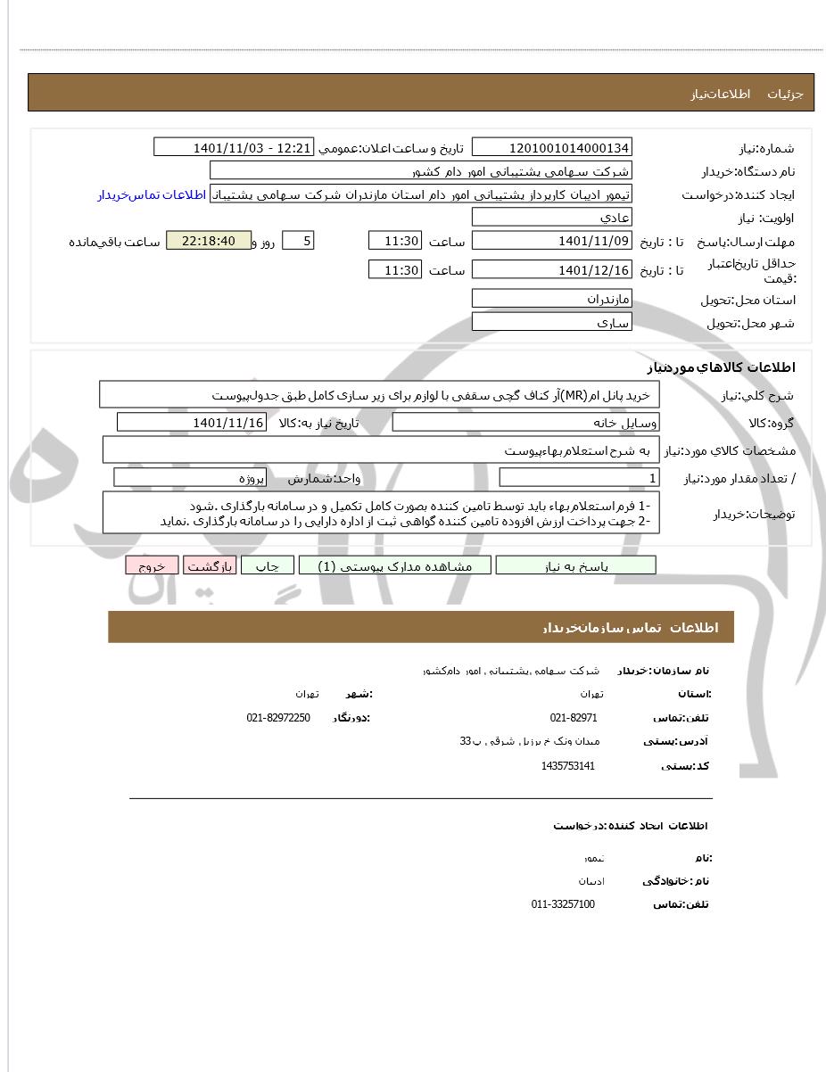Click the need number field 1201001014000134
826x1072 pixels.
pos(551,148)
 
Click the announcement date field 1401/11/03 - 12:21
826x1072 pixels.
pos(234,148)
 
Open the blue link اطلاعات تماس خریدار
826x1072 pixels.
pos(152,194)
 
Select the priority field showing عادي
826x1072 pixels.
pos(551,218)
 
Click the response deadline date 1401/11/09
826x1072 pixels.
pos(551,241)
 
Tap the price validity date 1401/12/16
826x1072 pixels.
pos(551,269)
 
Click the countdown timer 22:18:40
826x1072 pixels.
pos(209,241)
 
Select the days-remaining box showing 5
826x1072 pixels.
pos(297,241)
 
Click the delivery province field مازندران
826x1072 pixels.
pos(551,299)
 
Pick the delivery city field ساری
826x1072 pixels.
pos(551,322)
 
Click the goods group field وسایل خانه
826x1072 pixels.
pos(525,423)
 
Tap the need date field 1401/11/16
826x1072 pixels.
pos(191,423)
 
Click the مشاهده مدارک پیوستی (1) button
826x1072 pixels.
pos(394,566)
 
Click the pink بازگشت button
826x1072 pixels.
pos(210,566)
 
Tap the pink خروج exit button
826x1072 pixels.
pos(152,566)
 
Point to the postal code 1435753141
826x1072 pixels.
pos(567,766)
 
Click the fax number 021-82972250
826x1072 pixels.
pos(278,718)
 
